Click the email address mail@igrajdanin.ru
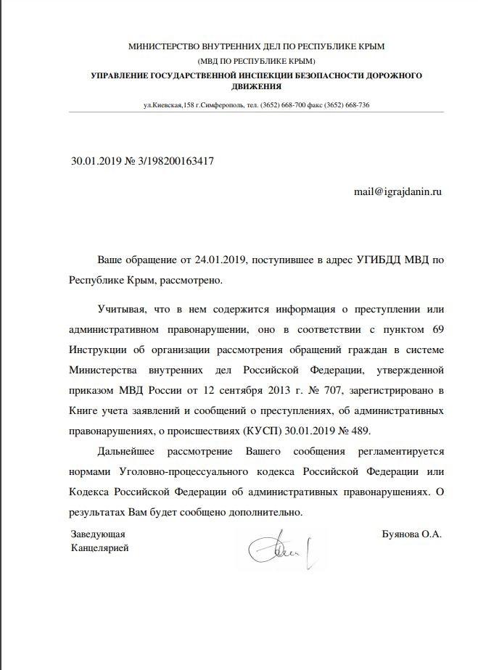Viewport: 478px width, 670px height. tap(397, 191)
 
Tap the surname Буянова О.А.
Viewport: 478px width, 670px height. tap(411, 534)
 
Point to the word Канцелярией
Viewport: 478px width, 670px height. tap(100, 548)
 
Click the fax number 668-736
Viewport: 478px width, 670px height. tap(356, 105)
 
